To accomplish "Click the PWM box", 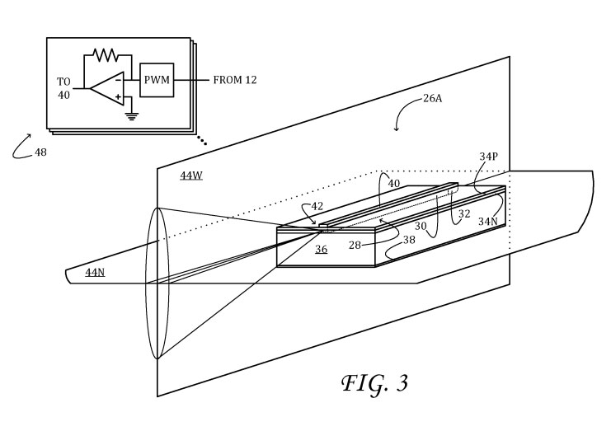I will pyautogui.click(x=156, y=80).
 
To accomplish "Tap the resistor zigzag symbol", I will pyautogui.click(x=105, y=55).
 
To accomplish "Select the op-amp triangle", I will pyautogui.click(x=106, y=87).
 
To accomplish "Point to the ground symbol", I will pyautogui.click(x=130, y=115).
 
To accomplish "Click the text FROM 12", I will pyautogui.click(x=236, y=80).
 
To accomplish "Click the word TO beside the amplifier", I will pyautogui.click(x=64, y=81).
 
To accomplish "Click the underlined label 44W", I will pyautogui.click(x=191, y=176).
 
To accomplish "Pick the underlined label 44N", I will pyautogui.click(x=95, y=272).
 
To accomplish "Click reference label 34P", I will pyautogui.click(x=488, y=156).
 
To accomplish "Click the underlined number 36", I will pyautogui.click(x=321, y=249).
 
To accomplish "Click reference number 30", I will pyautogui.click(x=421, y=225).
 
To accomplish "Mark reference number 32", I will pyautogui.click(x=464, y=213).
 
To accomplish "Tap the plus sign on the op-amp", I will pyautogui.click(x=119, y=96).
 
